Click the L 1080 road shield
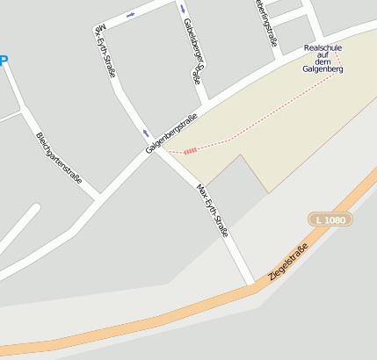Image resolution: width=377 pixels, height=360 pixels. [328, 219]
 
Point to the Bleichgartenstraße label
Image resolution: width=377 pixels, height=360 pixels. [59, 157]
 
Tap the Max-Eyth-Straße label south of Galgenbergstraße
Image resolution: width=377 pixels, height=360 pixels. [213, 211]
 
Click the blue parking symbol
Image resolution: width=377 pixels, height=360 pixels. [3, 61]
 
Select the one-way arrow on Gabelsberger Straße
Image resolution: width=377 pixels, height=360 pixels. [183, 8]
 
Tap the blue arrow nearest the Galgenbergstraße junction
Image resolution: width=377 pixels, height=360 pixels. [146, 133]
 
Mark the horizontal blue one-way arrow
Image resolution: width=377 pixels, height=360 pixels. [131, 15]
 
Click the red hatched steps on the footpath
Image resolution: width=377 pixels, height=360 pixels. [189, 150]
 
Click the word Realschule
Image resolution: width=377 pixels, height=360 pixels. [323, 47]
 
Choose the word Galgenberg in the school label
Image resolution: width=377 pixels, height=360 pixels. [323, 69]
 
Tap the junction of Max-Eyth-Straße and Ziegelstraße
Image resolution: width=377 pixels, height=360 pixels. [253, 283]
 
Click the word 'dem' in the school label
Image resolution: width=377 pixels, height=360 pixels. [323, 61]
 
